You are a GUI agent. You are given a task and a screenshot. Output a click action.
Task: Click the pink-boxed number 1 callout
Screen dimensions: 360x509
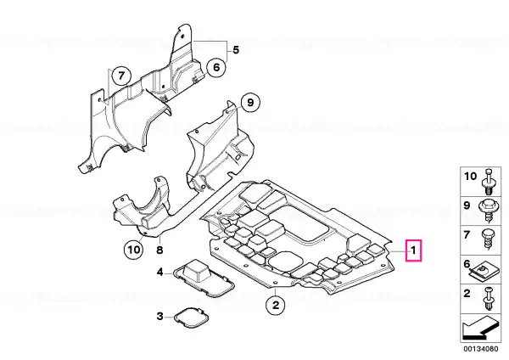pyautogui.click(x=413, y=250)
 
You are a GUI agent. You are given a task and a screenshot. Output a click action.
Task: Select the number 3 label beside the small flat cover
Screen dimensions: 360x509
pyautogui.click(x=159, y=317)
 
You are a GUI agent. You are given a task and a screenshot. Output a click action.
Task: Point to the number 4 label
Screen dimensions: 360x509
pyautogui.click(x=159, y=273)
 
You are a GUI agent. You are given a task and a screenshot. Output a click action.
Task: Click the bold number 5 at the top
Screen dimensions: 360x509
pyautogui.click(x=236, y=50)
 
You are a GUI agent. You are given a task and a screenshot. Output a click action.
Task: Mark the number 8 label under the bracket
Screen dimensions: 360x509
pyautogui.click(x=159, y=250)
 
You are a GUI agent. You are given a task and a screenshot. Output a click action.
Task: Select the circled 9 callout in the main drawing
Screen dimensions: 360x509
pyautogui.click(x=249, y=104)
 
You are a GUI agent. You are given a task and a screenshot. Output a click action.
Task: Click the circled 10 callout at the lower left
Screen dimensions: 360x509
pyautogui.click(x=131, y=250)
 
